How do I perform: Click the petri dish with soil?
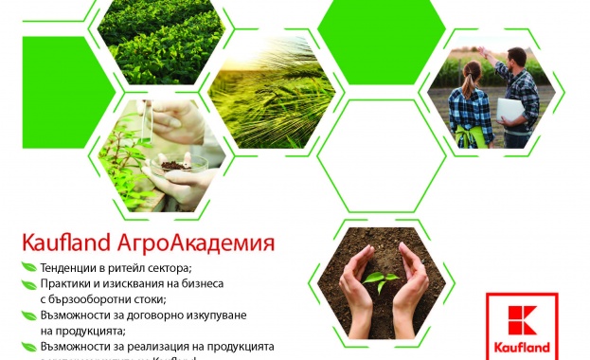coord(181,165)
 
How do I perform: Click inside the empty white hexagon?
coord(382,154)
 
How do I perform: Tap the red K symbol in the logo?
coord(522,325)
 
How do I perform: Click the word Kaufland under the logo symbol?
coord(522,353)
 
